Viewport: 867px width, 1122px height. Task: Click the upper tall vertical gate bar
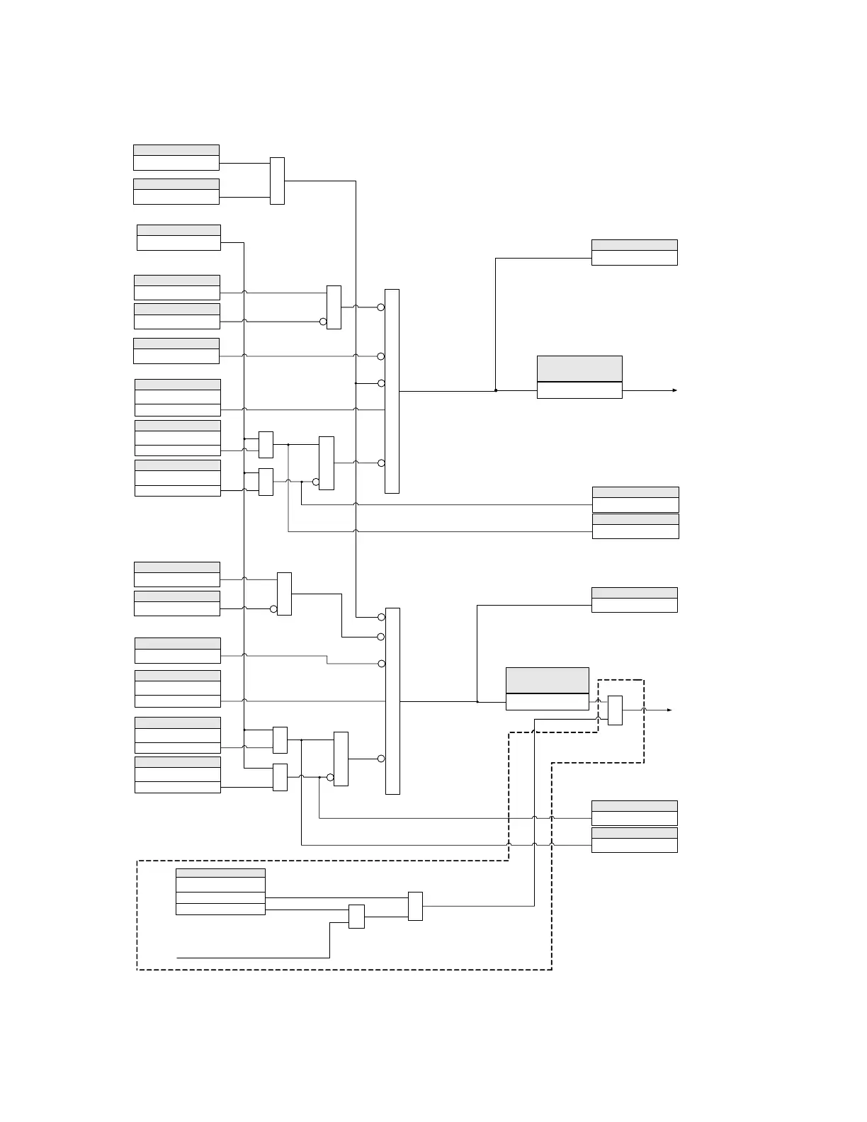392,391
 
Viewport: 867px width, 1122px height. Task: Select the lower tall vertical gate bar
392,701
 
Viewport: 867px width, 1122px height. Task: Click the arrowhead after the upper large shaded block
675,390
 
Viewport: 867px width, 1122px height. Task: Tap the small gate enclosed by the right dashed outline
615,710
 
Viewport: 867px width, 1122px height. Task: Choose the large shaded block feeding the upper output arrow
579,377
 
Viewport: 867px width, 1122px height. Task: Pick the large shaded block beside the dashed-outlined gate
547,688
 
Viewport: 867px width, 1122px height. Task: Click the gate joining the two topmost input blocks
277,181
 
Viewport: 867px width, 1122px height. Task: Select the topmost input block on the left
176,157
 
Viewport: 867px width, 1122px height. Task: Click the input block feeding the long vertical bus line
178,237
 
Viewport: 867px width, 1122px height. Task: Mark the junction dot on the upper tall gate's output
496,390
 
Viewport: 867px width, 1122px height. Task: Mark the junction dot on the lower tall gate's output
477,702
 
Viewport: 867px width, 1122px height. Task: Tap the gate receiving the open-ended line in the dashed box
356,917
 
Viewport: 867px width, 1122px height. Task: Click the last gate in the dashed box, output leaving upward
415,906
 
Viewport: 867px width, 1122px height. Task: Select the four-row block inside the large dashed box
220,892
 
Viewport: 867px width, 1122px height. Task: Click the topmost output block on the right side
634,252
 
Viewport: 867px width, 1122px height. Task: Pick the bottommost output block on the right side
634,840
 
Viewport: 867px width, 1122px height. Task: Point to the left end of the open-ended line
177,958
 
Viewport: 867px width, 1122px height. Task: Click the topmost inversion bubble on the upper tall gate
381,307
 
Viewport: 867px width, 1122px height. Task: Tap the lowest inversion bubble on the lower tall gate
381,759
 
